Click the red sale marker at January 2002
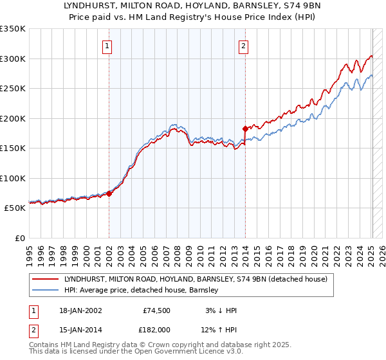109,194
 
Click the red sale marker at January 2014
245,129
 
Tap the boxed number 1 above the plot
107,46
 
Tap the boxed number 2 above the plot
244,46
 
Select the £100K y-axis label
13,178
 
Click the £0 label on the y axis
19,238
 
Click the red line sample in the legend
45,279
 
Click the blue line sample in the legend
45,290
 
